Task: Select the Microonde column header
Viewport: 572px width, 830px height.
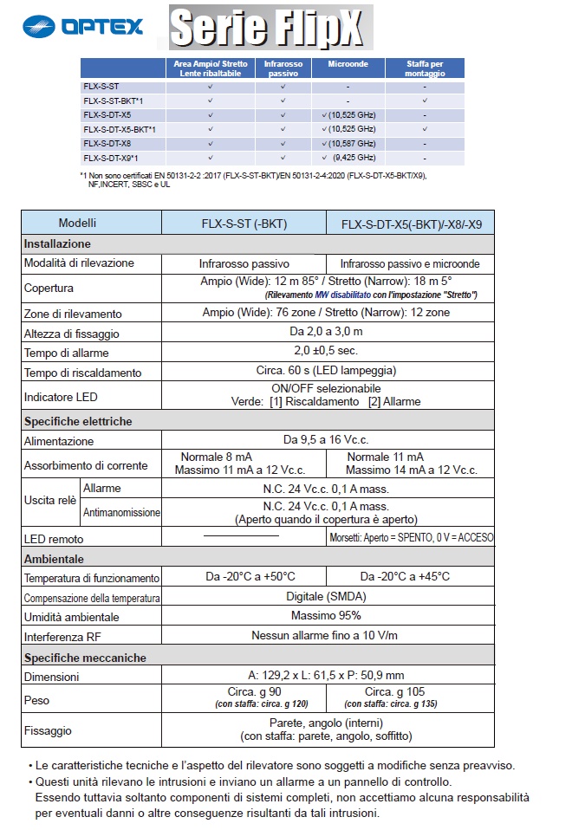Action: pos(348,63)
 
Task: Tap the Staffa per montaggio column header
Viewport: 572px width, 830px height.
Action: pos(425,68)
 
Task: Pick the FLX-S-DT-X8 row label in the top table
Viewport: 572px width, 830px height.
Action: pos(107,143)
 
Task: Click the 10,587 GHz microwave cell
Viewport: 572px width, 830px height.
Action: pos(348,143)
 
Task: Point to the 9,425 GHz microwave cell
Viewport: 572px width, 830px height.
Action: pos(348,158)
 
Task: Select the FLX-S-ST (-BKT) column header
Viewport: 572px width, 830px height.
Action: pos(244,224)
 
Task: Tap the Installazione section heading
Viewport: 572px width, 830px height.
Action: pos(57,243)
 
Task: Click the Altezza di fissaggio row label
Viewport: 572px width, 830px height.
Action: pos(72,333)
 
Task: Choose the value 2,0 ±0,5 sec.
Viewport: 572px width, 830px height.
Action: pos(325,351)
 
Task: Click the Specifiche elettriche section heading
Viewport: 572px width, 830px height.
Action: pos(78,421)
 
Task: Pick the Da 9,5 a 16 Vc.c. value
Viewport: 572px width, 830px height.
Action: pos(325,441)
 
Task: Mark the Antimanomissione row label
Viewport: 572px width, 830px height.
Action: pos(121,513)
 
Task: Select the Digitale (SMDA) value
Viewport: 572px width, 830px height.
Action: pos(325,597)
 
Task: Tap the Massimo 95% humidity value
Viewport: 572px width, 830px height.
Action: pos(325,616)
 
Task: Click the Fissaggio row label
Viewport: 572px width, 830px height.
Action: pos(48,730)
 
